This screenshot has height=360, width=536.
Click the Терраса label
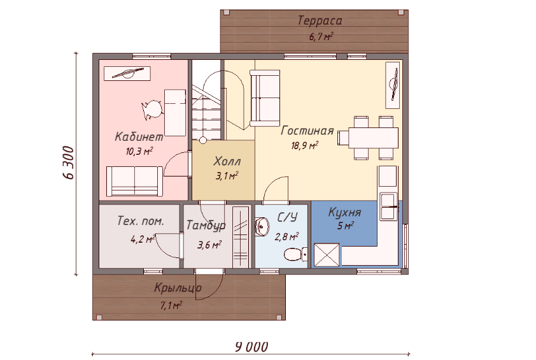[320, 21]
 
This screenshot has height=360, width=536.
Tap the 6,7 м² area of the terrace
[321, 36]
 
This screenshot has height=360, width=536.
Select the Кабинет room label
[139, 137]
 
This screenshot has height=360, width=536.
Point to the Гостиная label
[307, 131]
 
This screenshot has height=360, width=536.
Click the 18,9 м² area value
[304, 145]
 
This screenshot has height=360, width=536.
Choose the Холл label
[227, 161]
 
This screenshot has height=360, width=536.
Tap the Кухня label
[344, 213]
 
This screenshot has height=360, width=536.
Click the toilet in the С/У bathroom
[295, 254]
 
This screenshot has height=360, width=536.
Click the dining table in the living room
[373, 138]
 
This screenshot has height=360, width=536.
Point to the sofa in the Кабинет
[135, 182]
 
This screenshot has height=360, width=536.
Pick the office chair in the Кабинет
[152, 110]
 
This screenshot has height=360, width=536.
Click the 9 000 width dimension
[251, 347]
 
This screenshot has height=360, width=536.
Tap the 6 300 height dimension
[68, 163]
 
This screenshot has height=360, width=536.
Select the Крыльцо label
[178, 288]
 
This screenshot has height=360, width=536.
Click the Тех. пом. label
[141, 220]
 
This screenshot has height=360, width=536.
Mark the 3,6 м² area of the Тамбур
[209, 245]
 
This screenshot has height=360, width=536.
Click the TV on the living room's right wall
[392, 85]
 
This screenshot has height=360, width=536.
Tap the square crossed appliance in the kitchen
[327, 255]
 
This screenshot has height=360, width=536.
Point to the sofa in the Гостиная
[265, 98]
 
